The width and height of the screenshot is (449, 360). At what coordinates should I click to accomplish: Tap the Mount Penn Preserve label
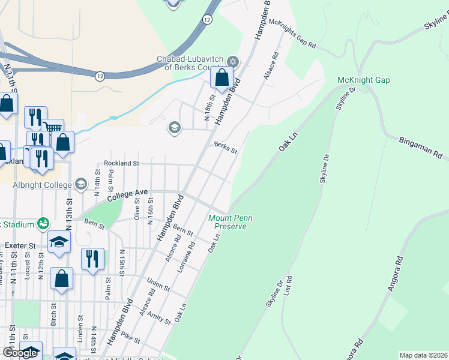click(228, 222)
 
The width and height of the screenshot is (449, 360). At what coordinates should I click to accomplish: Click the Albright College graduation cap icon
click(82, 184)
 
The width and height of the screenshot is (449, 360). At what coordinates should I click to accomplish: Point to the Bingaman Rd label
click(420, 148)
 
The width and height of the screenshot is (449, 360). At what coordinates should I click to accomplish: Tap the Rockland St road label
click(121, 163)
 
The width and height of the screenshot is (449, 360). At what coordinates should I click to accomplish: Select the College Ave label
click(127, 194)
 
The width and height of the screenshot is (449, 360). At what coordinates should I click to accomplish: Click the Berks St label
click(226, 148)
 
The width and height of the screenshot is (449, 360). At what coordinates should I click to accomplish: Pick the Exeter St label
click(21, 245)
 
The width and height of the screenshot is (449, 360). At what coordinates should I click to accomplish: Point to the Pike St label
click(130, 337)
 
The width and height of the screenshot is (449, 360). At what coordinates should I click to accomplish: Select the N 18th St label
click(209, 108)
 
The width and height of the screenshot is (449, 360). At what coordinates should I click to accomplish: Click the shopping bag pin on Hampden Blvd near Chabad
click(221, 78)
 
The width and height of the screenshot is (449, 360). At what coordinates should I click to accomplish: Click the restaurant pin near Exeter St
click(92, 259)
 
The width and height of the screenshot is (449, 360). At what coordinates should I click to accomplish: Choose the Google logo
click(20, 353)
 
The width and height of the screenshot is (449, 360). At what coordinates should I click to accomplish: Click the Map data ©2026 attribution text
click(423, 355)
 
